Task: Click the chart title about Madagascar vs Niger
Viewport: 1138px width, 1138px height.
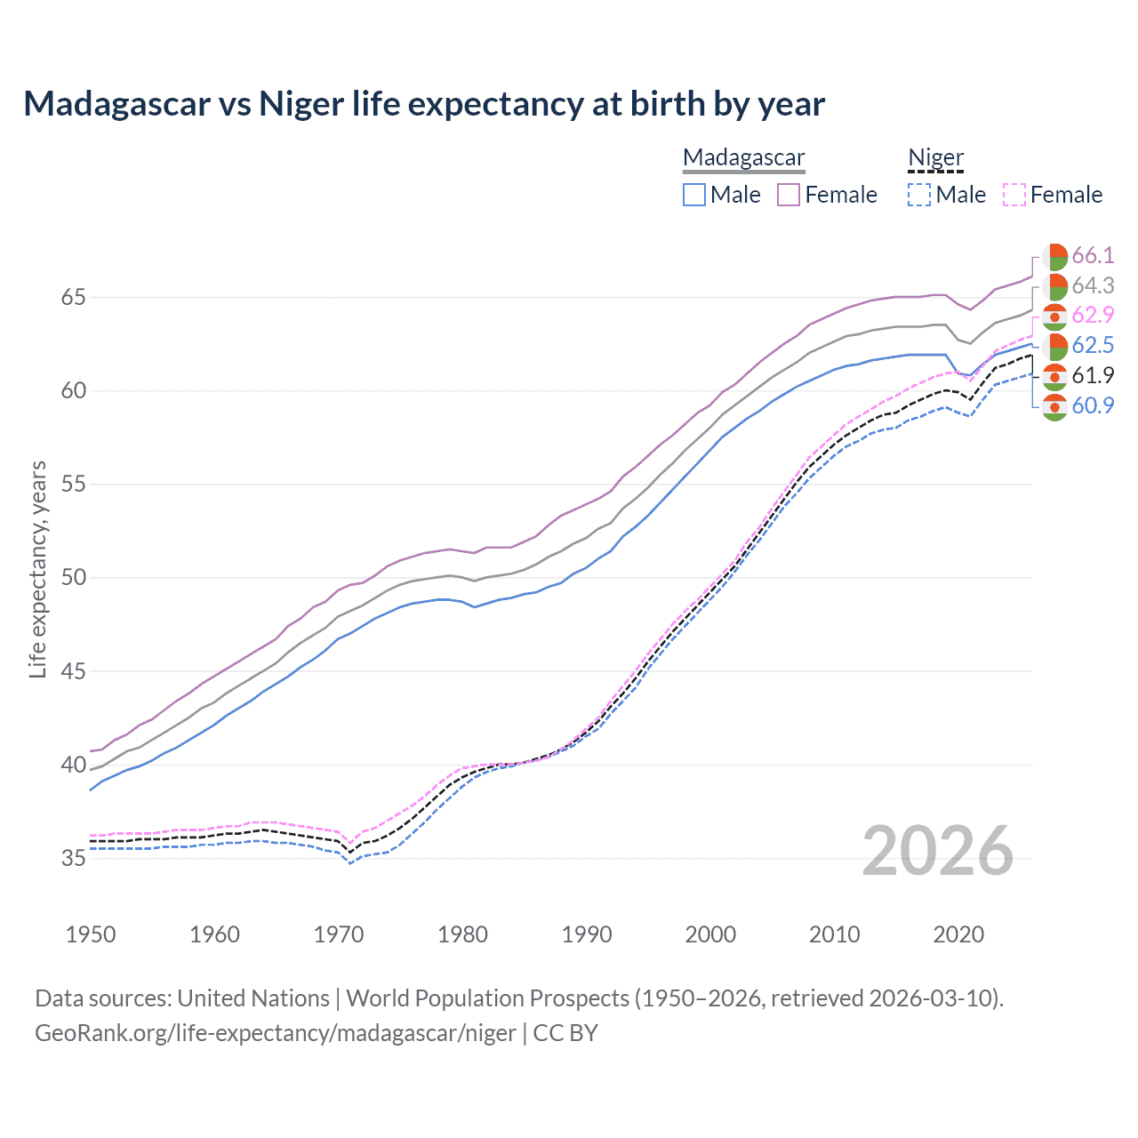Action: tap(424, 104)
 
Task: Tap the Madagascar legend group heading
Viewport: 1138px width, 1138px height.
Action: tap(743, 157)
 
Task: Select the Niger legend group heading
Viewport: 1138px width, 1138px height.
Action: tap(935, 157)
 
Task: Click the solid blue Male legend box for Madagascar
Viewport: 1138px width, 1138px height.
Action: tap(694, 195)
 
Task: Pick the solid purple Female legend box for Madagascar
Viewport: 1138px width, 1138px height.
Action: tap(789, 195)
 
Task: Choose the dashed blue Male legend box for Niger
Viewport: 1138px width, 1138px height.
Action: tap(919, 195)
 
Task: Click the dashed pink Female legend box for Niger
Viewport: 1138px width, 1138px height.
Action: tap(1014, 195)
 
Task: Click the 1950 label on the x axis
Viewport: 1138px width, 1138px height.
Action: tap(91, 934)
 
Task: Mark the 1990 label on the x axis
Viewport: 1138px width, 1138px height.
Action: tap(587, 934)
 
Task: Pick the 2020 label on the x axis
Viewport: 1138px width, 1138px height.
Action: tap(958, 934)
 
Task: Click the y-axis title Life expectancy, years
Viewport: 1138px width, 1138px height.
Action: tap(37, 569)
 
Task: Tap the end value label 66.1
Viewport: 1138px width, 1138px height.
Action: tap(1093, 256)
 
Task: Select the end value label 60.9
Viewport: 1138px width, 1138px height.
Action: tap(1093, 406)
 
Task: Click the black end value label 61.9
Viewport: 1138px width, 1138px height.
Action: tap(1093, 376)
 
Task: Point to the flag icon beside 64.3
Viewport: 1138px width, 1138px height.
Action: tap(1054, 286)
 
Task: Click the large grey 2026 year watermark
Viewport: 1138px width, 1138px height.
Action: tap(938, 852)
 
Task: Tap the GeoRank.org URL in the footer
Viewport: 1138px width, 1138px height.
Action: tap(276, 1033)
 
